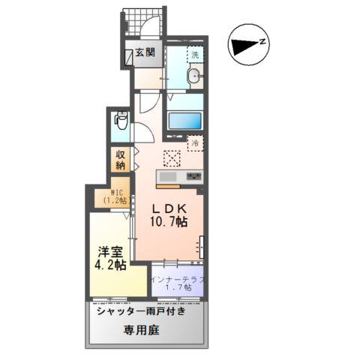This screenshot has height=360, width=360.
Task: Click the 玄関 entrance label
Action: (145, 52)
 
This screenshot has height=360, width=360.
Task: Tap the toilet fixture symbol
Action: (121, 120)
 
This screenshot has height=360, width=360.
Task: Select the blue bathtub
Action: (185, 121)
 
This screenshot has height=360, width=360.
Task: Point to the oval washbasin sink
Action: (193, 74)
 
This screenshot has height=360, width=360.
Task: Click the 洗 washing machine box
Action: (195, 55)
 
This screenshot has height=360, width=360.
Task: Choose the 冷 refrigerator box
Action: (195, 143)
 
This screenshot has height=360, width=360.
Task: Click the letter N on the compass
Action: (262, 42)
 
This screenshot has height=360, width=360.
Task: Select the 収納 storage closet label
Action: (120, 160)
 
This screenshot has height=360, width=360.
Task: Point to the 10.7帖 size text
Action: (169, 221)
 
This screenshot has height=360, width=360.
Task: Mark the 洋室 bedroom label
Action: (110, 252)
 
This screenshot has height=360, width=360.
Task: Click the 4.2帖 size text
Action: (110, 265)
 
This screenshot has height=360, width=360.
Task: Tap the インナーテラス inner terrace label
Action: (178, 280)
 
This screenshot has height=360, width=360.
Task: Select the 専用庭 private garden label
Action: (142, 330)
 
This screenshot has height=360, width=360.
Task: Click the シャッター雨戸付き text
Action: (142, 311)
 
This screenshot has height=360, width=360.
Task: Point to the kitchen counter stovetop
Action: (194, 176)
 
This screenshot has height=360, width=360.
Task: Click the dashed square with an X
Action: (172, 158)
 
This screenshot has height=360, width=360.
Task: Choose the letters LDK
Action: (169, 209)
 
